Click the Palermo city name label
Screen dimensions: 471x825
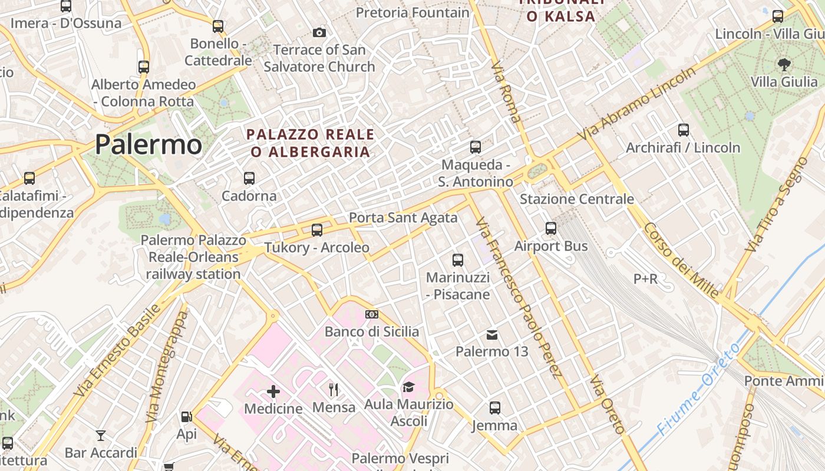(x=148, y=144)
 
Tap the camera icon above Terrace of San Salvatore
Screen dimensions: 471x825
(x=319, y=32)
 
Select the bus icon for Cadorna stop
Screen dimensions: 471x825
(x=249, y=178)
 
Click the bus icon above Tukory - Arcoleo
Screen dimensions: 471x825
(x=317, y=230)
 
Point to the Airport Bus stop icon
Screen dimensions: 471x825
(x=551, y=228)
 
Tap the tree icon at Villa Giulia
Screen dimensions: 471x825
(x=784, y=64)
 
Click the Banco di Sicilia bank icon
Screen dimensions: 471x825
(x=371, y=314)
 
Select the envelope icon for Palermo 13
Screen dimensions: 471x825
(x=492, y=335)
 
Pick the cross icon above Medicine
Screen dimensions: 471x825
(x=273, y=392)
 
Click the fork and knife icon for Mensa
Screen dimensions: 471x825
(x=334, y=389)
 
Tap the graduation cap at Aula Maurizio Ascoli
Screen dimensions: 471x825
(x=408, y=387)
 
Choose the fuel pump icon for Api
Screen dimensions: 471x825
(x=187, y=417)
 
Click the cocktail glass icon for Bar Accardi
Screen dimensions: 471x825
(x=101, y=436)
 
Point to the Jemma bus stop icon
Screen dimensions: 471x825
(x=495, y=408)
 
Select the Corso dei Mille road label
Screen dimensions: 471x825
(x=681, y=260)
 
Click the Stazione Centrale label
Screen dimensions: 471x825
(x=576, y=199)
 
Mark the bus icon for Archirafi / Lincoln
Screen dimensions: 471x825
(x=684, y=130)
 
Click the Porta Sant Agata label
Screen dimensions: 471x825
(x=403, y=218)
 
